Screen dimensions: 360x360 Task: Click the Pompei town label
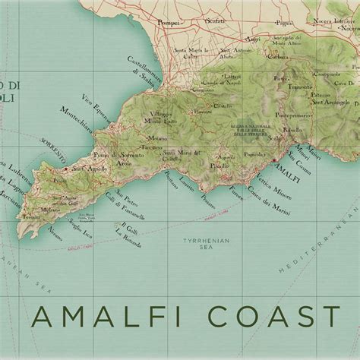(x=170, y=24)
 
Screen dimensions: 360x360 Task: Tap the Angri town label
(x=253, y=39)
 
